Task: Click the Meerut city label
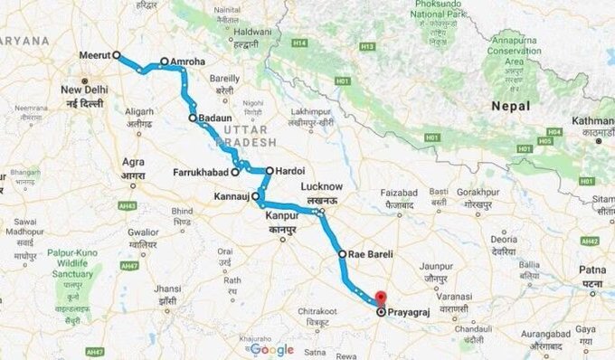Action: [x=94, y=54]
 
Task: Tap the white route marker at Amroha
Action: [x=164, y=62]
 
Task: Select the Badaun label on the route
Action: [x=215, y=118]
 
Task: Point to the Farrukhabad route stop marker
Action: [x=234, y=172]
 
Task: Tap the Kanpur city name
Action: [x=282, y=216]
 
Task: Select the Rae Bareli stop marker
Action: [x=342, y=255]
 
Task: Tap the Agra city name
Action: [x=133, y=163]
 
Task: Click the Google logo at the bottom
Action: [x=272, y=349]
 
